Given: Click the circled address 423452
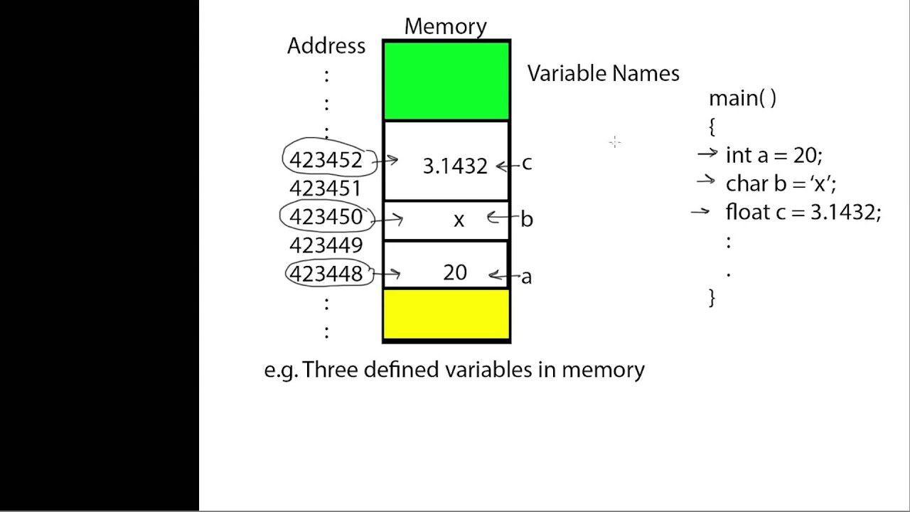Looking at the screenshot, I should tap(326, 160).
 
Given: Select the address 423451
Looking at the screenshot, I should tap(326, 188).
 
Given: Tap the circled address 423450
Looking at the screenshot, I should tap(326, 217).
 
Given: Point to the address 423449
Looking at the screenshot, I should tap(326, 245).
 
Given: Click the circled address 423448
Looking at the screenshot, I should tap(326, 274).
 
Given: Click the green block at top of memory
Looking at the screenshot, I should tap(446, 80).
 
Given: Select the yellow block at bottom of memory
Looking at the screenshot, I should tap(446, 314).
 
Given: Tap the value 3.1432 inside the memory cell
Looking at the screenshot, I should tap(455, 166).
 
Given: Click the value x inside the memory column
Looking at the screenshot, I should tap(459, 220).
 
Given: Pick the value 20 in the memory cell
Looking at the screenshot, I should tap(455, 273).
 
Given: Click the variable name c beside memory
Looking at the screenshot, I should tap(526, 164).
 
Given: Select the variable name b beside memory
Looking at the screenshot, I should tap(526, 219).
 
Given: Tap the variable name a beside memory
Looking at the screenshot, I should tap(526, 277).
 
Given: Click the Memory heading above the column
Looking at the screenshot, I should tap(446, 26).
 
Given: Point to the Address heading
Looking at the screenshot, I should tap(326, 46).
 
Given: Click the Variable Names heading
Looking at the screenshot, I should tap(603, 73).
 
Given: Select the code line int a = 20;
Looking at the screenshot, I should tap(773, 155).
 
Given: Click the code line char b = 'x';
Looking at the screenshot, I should tap(781, 183).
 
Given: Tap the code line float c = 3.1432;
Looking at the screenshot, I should tap(803, 212).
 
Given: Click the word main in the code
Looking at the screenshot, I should tap(733, 98).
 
